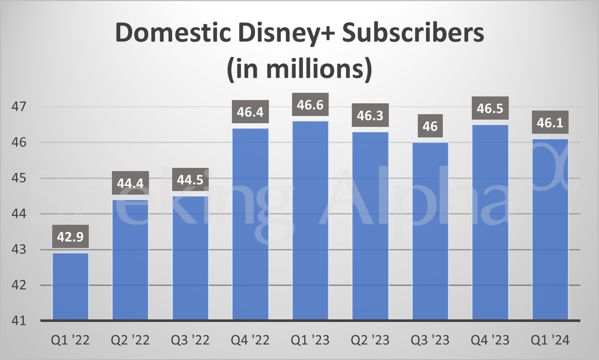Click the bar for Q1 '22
[x=71, y=287]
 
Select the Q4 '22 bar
[x=250, y=224]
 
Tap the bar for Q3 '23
[x=430, y=231]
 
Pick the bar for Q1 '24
[x=550, y=229]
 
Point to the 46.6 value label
[x=310, y=104]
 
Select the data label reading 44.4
[x=131, y=184]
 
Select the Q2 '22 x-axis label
[x=131, y=340]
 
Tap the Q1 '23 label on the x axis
[x=310, y=340]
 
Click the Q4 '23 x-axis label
[x=490, y=340]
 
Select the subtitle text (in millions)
[x=299, y=69]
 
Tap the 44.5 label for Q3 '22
[x=190, y=180]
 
